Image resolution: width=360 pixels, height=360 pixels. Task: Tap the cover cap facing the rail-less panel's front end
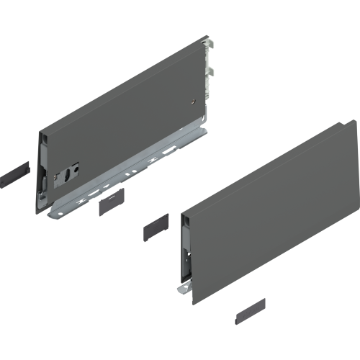point(155,230)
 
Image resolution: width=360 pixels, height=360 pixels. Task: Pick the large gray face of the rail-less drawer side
point(274,209)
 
